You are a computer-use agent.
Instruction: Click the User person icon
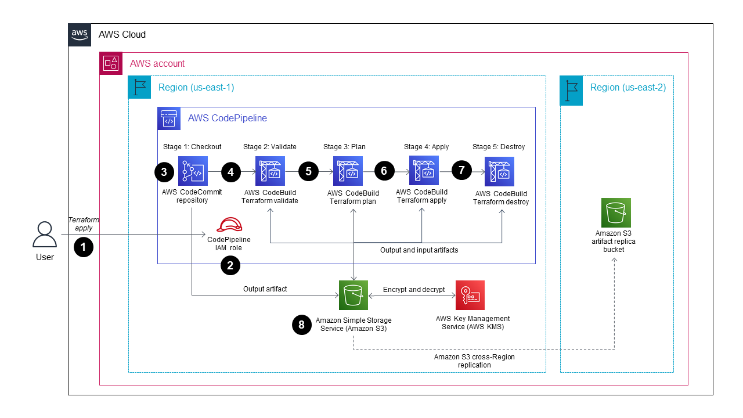pyautogui.click(x=44, y=235)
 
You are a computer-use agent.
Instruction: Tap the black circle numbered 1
pyautogui.click(x=84, y=247)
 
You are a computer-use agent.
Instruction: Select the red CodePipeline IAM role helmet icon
pyautogui.click(x=229, y=225)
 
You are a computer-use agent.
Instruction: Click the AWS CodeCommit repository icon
pyautogui.click(x=193, y=171)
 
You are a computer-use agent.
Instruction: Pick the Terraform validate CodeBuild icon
pyautogui.click(x=270, y=171)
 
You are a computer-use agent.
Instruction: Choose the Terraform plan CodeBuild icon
pyautogui.click(x=348, y=171)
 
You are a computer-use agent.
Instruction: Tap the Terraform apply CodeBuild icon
pyautogui.click(x=424, y=170)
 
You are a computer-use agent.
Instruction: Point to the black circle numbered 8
pyautogui.click(x=301, y=325)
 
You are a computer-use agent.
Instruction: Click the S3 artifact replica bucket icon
pyautogui.click(x=616, y=212)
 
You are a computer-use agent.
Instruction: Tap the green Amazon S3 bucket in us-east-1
pyautogui.click(x=354, y=295)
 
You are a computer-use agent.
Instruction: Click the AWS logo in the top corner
pyautogui.click(x=80, y=35)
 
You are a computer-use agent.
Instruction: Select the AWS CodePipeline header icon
pyautogui.click(x=169, y=118)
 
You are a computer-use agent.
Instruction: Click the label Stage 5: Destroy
pyautogui.click(x=499, y=147)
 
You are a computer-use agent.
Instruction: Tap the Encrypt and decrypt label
pyautogui.click(x=413, y=290)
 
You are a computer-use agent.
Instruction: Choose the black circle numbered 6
pyautogui.click(x=384, y=171)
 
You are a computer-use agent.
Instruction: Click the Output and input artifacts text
pyautogui.click(x=419, y=250)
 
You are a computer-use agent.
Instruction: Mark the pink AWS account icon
pyautogui.click(x=111, y=63)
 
